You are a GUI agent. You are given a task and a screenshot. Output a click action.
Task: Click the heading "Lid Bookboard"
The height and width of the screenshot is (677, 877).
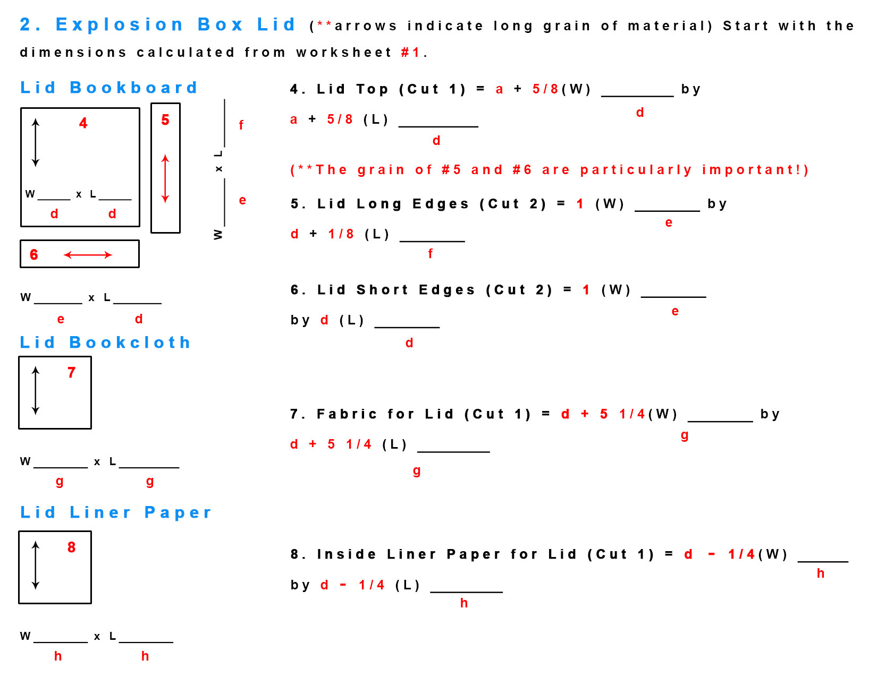coord(108,88)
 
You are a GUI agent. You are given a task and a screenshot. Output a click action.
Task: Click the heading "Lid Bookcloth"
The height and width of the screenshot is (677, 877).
coord(105,342)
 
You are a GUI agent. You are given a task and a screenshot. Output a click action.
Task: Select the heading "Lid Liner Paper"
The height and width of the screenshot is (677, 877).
coord(115,512)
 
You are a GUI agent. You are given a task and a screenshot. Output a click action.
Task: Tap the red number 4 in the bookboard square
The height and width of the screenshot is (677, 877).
coord(83,123)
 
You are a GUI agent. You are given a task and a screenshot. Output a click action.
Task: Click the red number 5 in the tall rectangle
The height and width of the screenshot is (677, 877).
coord(165,120)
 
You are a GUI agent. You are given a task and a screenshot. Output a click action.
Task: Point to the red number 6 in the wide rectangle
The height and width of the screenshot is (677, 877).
coord(34,254)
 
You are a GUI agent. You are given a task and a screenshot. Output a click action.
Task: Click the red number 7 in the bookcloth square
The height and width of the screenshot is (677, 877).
coord(71,372)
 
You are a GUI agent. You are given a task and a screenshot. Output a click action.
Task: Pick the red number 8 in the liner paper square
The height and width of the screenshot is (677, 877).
coord(71,547)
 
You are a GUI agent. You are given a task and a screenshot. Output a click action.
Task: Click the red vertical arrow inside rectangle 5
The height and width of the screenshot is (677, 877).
coord(165,178)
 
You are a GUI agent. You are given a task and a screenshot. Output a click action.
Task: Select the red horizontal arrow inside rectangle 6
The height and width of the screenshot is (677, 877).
coord(88,255)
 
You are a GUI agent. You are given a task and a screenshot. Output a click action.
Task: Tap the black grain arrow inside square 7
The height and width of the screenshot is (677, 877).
coord(36,390)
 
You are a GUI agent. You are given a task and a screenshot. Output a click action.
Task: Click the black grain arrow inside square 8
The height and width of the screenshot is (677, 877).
coord(36,565)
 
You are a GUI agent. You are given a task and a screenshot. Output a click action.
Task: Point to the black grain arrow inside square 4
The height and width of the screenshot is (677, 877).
coord(36,142)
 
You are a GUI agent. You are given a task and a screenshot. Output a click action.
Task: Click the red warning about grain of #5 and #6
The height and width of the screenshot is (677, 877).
coord(549,170)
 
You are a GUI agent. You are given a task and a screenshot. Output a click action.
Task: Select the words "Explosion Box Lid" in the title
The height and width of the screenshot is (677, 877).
coord(175,24)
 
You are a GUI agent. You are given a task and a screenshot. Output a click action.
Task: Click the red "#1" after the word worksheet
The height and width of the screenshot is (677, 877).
coord(410,53)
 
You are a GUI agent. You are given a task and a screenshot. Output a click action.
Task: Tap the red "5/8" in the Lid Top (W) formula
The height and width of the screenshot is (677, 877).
coord(545,89)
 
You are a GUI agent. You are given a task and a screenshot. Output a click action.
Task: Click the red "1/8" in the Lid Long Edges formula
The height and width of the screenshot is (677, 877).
coord(341,234)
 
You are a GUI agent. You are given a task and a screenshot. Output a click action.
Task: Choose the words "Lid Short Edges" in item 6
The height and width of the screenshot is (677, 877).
coord(396,289)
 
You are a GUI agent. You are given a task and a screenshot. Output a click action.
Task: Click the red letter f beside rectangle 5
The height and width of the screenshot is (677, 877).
coord(241,125)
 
